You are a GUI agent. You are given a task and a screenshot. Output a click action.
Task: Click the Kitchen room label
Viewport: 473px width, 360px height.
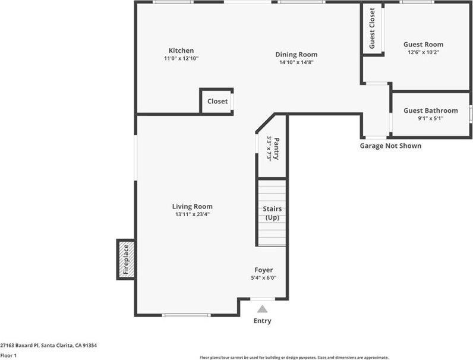(x=181, y=50)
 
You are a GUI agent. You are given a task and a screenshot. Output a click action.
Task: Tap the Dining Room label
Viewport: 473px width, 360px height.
(x=296, y=54)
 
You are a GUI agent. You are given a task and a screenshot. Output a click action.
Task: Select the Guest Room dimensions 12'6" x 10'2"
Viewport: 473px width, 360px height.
(x=423, y=52)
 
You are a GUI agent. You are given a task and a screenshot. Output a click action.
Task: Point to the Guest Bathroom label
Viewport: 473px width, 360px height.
(x=431, y=110)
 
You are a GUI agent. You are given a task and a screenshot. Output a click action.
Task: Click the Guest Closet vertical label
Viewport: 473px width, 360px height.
(x=373, y=29)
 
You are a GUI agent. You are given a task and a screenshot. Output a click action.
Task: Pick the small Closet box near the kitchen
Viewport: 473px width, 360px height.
(x=217, y=101)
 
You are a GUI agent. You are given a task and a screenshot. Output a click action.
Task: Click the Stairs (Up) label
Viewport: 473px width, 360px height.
(x=272, y=213)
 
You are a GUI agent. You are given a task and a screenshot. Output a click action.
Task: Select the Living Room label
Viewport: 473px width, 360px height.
(x=192, y=207)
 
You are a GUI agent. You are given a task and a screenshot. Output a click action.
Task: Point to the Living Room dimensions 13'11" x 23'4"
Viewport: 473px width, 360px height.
(x=192, y=214)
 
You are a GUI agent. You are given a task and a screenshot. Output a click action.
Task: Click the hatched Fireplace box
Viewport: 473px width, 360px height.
(x=125, y=260)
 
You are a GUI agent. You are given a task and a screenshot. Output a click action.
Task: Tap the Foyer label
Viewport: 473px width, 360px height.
(x=264, y=270)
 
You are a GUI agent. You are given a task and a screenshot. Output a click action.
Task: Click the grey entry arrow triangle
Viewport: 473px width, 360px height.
(x=262, y=308)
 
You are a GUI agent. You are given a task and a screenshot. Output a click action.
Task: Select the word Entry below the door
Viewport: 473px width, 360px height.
(x=262, y=321)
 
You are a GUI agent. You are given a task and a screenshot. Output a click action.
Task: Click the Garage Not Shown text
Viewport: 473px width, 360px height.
(x=390, y=146)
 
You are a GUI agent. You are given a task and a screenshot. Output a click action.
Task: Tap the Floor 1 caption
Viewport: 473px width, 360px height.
(x=8, y=355)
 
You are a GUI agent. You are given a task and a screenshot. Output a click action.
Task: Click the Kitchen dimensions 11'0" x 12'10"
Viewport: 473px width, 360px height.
(x=181, y=59)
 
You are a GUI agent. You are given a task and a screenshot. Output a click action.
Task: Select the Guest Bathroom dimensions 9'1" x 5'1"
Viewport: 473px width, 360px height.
(x=431, y=118)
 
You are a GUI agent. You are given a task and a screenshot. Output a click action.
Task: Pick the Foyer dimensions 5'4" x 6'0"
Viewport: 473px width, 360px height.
(x=264, y=277)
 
